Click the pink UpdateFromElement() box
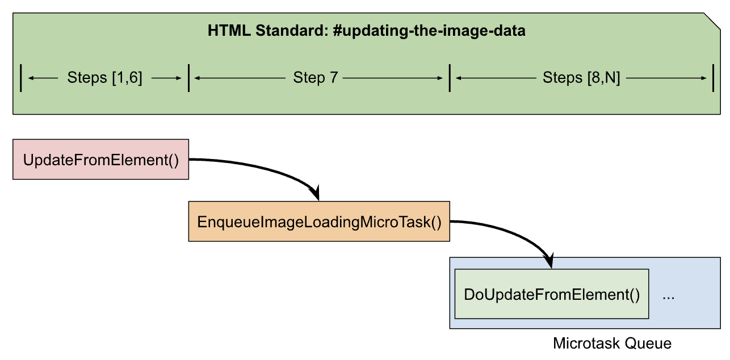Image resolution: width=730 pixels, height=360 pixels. [x=100, y=160]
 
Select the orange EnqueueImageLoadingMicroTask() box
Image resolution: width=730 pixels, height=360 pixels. [x=319, y=221]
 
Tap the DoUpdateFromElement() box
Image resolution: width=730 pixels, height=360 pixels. [x=552, y=294]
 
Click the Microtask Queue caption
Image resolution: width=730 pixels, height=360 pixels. [x=612, y=344]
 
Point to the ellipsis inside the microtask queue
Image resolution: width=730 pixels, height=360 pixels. [x=668, y=298]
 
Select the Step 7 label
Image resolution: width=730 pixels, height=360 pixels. [x=315, y=78]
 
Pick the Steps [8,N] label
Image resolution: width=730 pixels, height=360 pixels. [x=581, y=78]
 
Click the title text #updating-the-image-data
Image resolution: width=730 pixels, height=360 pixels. [x=429, y=31]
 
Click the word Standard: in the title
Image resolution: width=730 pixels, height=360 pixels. [x=292, y=30]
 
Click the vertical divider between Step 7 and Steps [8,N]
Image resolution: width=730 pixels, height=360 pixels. [x=450, y=78]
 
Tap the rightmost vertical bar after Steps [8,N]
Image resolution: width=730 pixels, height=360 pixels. [x=713, y=78]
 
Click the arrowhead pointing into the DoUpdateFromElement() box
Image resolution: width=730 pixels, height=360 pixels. [x=549, y=261]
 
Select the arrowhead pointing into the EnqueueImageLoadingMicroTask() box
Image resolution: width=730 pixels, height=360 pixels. [x=316, y=192]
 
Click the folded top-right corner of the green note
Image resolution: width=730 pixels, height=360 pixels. [x=712, y=21]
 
